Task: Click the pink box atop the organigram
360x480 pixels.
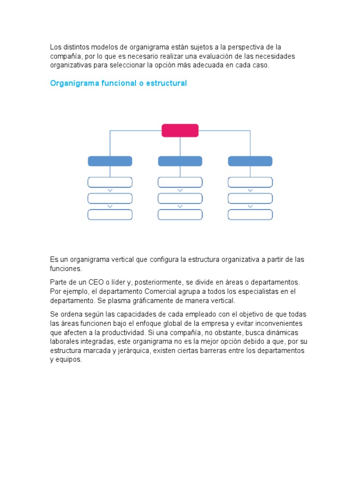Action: tap(180, 130)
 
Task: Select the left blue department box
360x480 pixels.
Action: tap(110, 161)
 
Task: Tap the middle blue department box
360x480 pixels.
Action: tap(180, 161)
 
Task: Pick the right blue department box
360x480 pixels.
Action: tap(250, 161)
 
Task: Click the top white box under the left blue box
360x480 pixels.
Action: tap(110, 182)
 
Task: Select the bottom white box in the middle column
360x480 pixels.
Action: tap(180, 215)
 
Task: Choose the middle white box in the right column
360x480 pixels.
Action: tap(250, 198)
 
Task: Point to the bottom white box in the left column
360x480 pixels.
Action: tap(110, 215)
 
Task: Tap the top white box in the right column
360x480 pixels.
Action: tap(250, 182)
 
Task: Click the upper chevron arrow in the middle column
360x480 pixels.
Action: tap(180, 190)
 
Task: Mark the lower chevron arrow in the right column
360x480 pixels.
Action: tap(250, 206)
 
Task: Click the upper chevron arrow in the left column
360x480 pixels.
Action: tap(110, 190)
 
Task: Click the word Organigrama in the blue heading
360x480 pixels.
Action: tap(73, 83)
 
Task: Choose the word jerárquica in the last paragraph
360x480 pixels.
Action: tap(137, 351)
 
